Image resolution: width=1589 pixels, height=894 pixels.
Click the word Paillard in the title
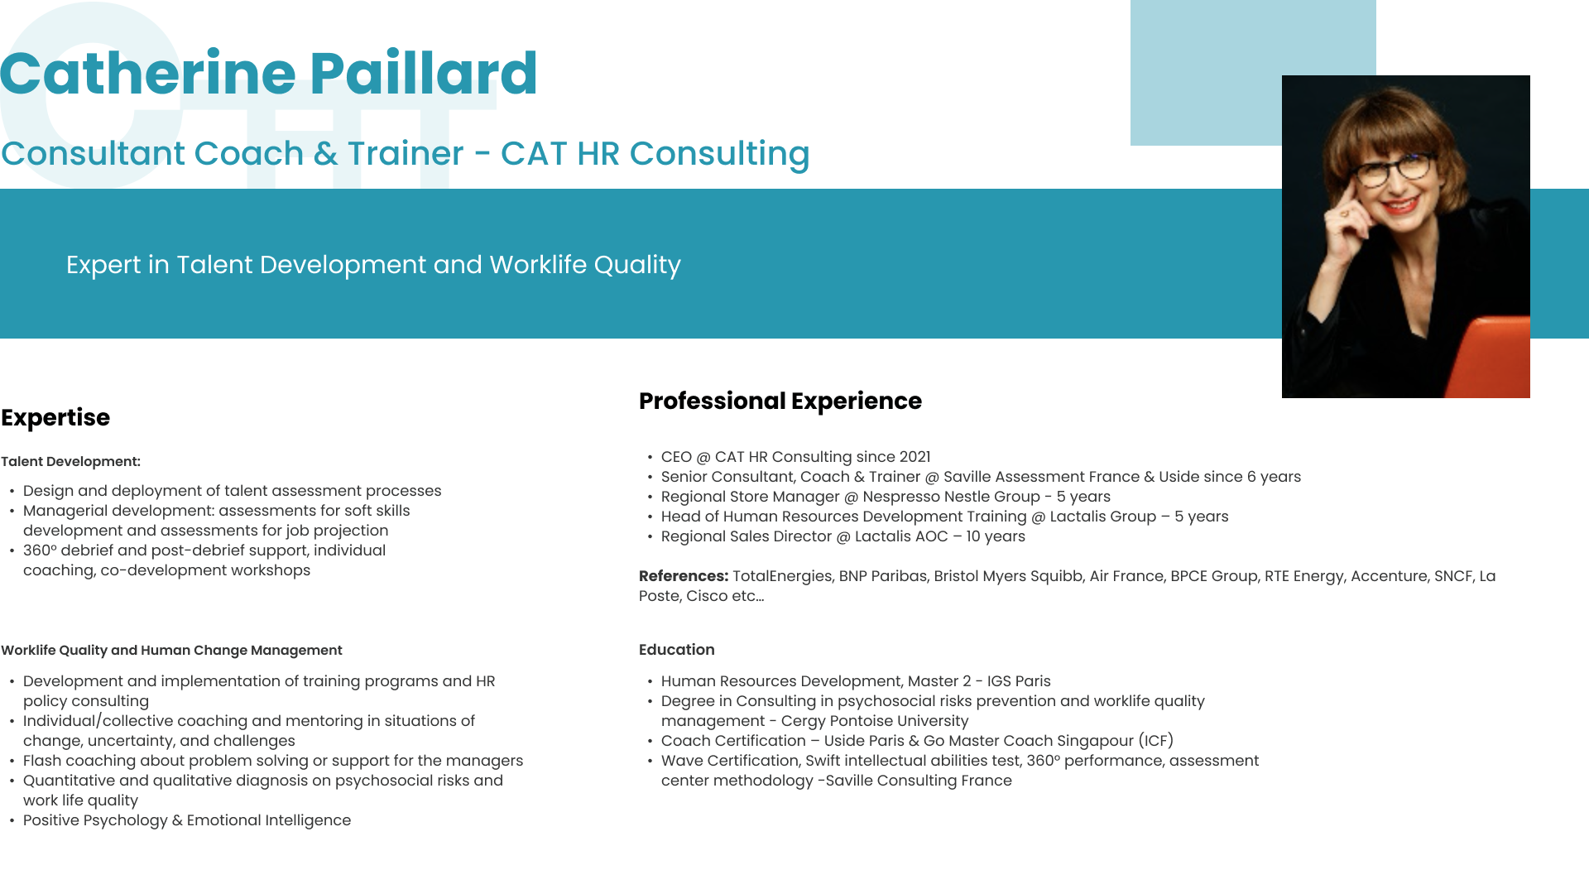[x=424, y=74]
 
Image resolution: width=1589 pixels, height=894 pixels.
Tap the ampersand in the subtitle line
[x=326, y=153]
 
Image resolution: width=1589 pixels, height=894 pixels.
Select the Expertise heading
[x=55, y=417]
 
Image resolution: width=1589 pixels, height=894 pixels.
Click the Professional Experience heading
[x=780, y=401]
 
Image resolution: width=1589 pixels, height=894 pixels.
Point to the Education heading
[x=676, y=650]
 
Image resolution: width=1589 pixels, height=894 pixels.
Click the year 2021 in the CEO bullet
[x=915, y=457]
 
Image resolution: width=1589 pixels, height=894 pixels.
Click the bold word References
[x=683, y=576]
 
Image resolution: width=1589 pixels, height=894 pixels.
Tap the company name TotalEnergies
[x=782, y=576]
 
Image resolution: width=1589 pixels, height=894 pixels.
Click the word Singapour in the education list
[x=1095, y=741]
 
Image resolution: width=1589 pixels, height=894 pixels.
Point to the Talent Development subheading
[x=70, y=461]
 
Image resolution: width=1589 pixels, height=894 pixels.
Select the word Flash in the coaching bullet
[x=41, y=761]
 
